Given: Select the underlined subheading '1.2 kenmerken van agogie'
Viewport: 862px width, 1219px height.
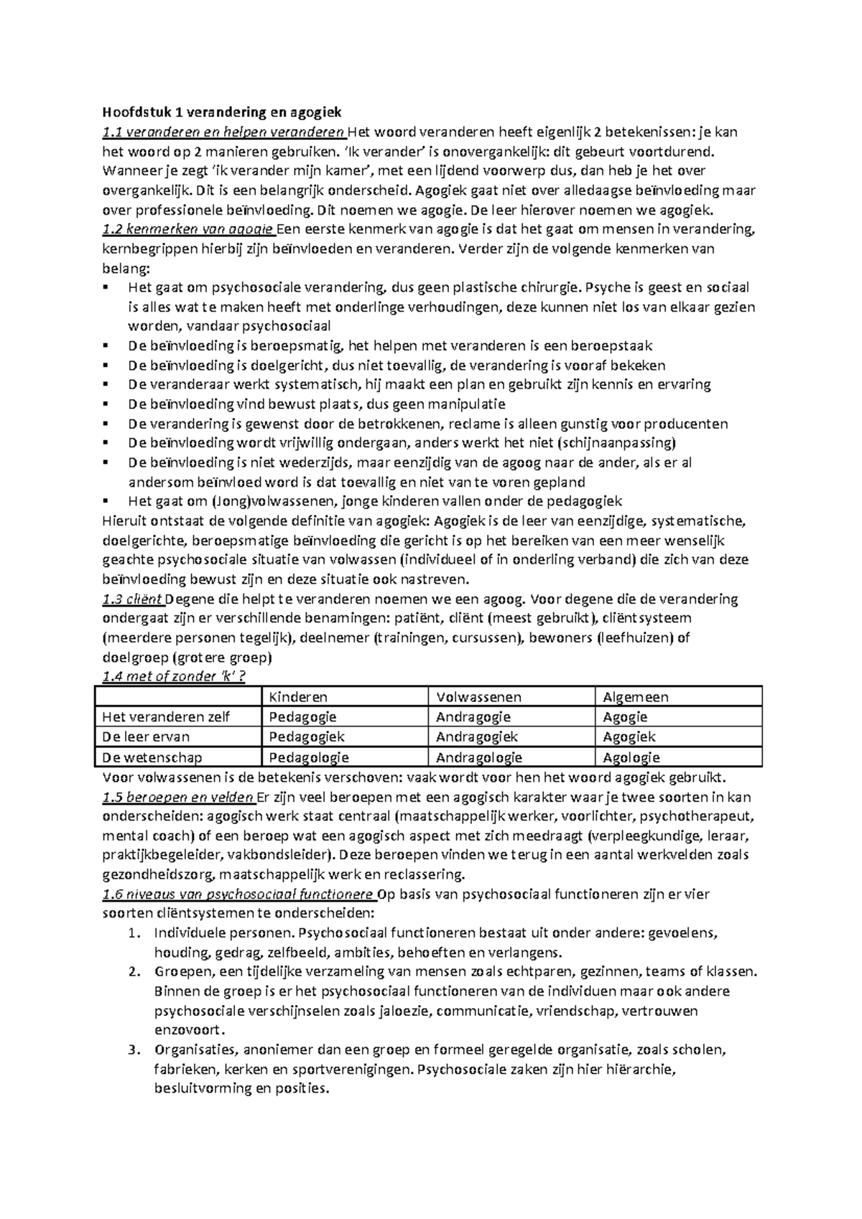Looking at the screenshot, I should pos(188,230).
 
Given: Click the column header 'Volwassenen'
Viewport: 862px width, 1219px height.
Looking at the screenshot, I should pos(478,696).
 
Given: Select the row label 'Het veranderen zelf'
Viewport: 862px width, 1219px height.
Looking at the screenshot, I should pos(166,716).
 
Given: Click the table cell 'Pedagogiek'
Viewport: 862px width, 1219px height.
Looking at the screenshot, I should pos(307,737).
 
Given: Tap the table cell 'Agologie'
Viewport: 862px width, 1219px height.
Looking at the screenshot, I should pos(631,757).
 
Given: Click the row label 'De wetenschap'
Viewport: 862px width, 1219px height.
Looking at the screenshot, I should pos(152,757).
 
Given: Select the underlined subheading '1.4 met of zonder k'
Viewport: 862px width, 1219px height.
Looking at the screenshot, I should pos(174,676).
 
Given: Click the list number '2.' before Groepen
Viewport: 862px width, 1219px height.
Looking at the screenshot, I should pos(132,972).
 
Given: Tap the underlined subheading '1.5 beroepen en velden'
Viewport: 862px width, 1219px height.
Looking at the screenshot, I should pos(178,797).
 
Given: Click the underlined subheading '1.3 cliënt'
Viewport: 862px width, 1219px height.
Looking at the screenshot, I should pos(133,599).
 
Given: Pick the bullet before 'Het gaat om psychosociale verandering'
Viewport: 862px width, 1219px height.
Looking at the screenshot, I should pos(106,288).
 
